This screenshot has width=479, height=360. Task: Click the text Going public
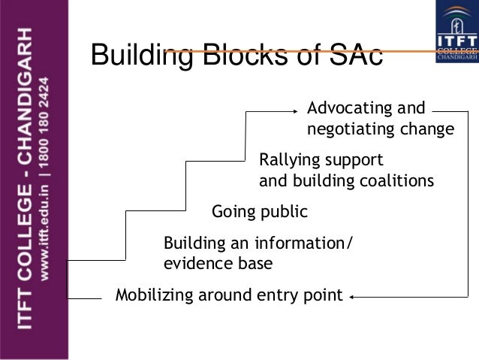(x=260, y=212)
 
